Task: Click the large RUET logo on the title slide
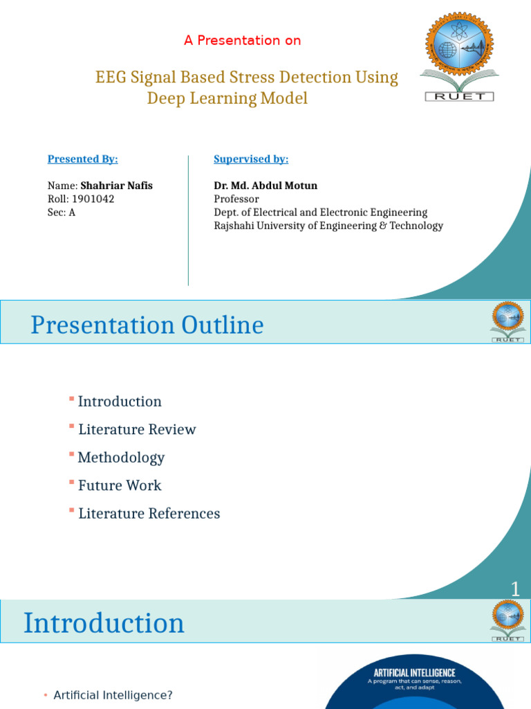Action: click(459, 55)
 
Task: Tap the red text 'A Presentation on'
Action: click(242, 40)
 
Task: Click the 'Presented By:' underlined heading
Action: click(82, 159)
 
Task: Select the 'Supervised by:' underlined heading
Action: click(251, 159)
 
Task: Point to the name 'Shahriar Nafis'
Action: click(116, 186)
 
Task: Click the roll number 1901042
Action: click(93, 199)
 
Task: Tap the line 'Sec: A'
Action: click(61, 213)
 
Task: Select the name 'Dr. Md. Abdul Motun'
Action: click(265, 186)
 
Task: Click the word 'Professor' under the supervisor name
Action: click(236, 199)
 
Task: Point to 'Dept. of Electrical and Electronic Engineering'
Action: click(320, 213)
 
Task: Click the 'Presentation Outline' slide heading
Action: click(147, 325)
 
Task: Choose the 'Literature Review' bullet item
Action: click(137, 429)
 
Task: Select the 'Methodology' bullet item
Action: click(121, 458)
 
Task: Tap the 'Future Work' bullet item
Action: click(120, 485)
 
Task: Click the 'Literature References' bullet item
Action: click(149, 514)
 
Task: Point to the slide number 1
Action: click(515, 589)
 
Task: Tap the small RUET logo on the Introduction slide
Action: click(507, 620)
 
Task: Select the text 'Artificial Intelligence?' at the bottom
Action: click(113, 694)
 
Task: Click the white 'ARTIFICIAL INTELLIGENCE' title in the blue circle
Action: click(414, 672)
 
